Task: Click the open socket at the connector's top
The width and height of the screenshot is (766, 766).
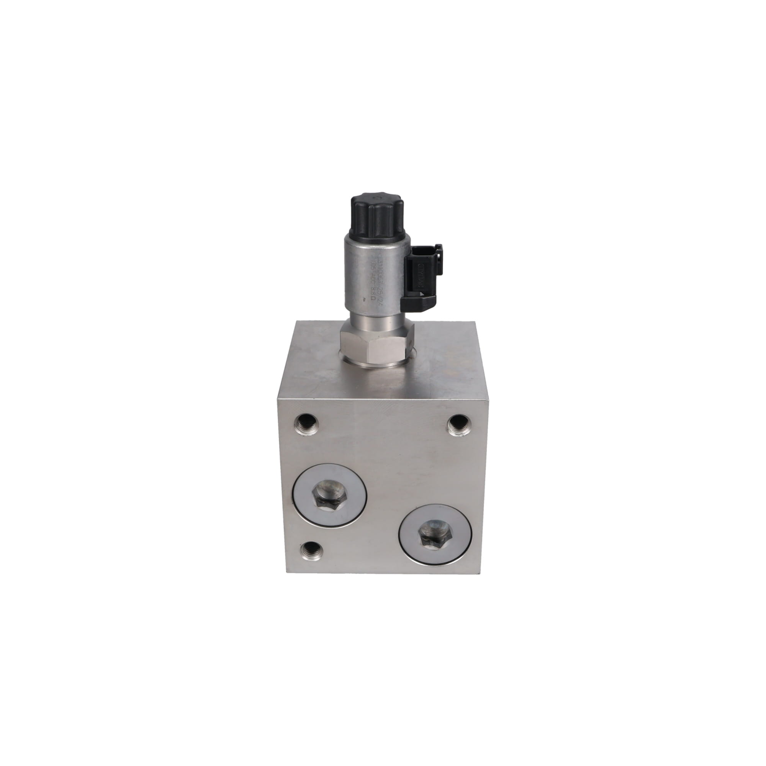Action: click(x=426, y=248)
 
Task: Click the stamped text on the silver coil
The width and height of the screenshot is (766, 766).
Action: click(x=373, y=278)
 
